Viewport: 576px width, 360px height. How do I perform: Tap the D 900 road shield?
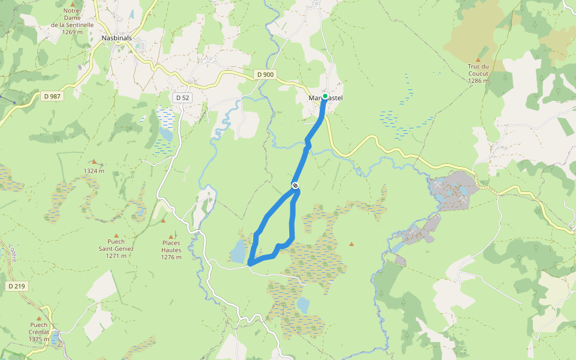[x=263, y=74]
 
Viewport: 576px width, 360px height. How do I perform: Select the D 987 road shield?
[x=53, y=95]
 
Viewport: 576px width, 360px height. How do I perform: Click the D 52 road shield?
[x=182, y=97]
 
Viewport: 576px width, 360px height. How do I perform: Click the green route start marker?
[x=325, y=96]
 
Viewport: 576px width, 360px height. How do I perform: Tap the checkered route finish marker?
[x=295, y=185]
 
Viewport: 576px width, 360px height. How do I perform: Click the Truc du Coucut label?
[x=478, y=73]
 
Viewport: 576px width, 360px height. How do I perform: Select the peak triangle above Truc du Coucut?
[x=478, y=60]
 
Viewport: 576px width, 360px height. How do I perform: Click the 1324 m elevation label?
[x=94, y=170]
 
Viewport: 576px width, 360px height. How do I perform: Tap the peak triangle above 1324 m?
[x=94, y=161]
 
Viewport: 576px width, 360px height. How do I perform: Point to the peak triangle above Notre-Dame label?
[x=73, y=5]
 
